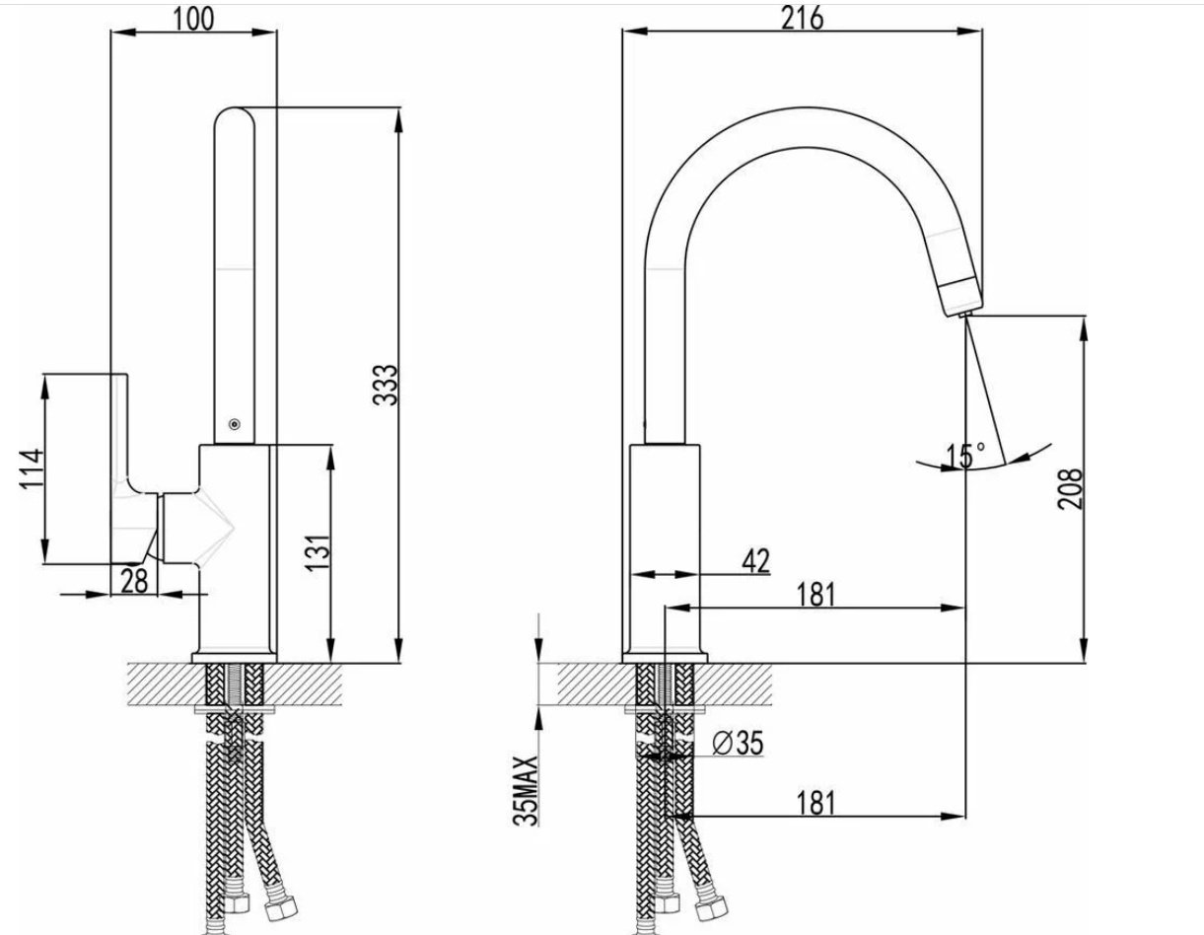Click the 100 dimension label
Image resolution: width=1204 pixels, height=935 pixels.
click(193, 20)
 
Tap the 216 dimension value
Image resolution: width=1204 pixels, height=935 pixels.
click(803, 19)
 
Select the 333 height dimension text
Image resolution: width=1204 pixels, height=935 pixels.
click(385, 385)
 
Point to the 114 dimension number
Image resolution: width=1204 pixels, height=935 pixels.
click(32, 468)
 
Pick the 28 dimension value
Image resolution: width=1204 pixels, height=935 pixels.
click(134, 581)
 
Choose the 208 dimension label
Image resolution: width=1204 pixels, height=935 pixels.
click(1069, 488)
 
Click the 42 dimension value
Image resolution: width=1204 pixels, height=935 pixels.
click(755, 561)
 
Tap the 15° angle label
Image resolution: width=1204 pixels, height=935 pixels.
click(965, 456)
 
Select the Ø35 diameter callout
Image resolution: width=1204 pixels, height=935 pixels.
click(738, 744)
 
